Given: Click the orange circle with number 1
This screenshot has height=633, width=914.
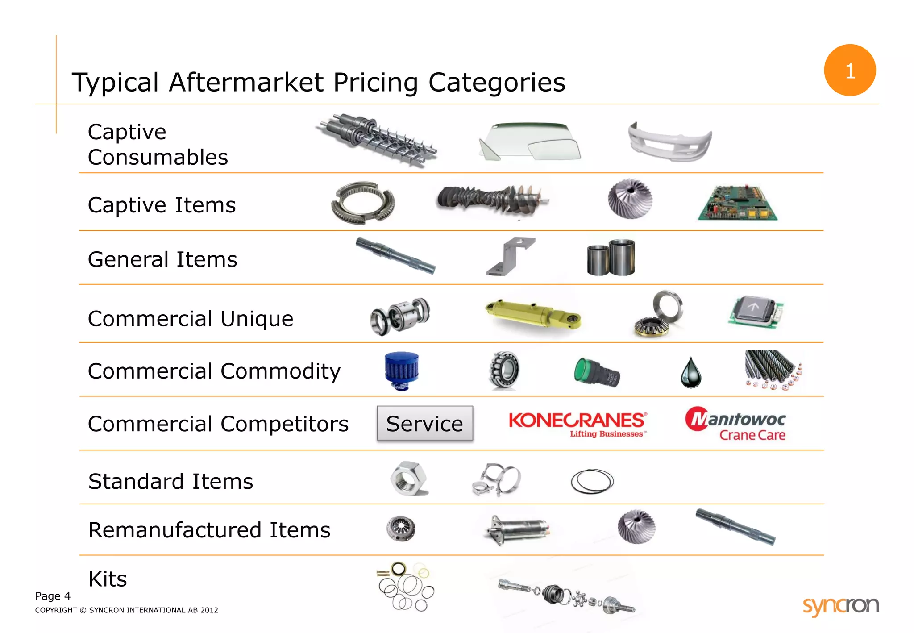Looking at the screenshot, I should (x=849, y=70).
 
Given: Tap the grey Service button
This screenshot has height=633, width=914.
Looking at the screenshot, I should (x=424, y=423).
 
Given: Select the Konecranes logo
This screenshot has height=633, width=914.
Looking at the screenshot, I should (x=577, y=423).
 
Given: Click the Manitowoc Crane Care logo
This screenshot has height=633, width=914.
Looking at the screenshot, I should (x=735, y=423).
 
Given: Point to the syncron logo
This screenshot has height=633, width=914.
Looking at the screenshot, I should (x=840, y=606).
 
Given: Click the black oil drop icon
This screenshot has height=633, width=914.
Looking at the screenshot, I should (x=691, y=373).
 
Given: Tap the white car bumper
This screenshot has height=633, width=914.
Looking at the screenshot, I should (x=669, y=142).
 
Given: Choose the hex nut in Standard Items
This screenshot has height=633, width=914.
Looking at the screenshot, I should (x=408, y=479).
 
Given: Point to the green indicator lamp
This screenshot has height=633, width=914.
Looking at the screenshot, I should (x=596, y=372).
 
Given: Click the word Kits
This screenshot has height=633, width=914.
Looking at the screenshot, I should (x=108, y=579).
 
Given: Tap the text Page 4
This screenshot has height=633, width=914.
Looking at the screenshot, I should (x=53, y=596).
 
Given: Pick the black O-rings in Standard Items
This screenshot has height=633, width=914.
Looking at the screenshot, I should (x=592, y=481).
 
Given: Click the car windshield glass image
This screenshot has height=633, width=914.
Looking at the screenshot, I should (x=530, y=141).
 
